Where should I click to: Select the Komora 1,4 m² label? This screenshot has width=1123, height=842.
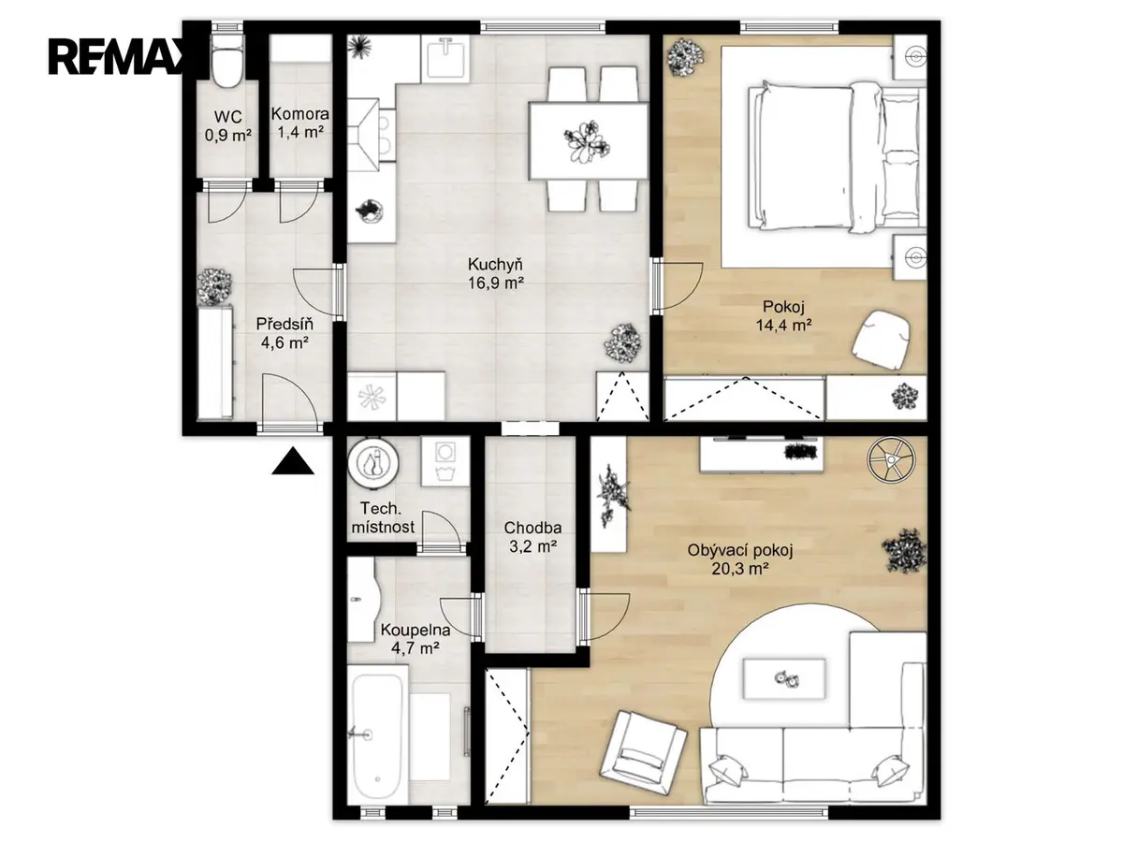pyautogui.click(x=300, y=123)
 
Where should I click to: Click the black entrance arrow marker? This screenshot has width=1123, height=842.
pyautogui.click(x=293, y=460)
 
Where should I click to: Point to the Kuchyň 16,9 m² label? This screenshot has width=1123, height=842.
pyautogui.click(x=495, y=273)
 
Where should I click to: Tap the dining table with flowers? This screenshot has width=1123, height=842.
pyautogui.click(x=589, y=140)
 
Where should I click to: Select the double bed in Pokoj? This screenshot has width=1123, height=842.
pyautogui.click(x=837, y=157)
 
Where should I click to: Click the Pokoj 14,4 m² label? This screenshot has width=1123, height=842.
pyautogui.click(x=783, y=315)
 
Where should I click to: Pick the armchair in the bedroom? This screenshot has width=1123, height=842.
pyautogui.click(x=881, y=339)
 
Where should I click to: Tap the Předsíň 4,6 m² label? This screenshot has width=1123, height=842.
pyautogui.click(x=284, y=333)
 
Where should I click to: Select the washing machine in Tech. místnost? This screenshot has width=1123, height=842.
pyautogui.click(x=445, y=460)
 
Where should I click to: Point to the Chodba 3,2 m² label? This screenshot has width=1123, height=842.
pyautogui.click(x=532, y=537)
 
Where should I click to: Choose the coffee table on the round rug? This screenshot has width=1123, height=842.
pyautogui.click(x=784, y=679)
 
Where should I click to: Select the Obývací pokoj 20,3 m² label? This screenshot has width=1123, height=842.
pyautogui.click(x=740, y=559)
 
